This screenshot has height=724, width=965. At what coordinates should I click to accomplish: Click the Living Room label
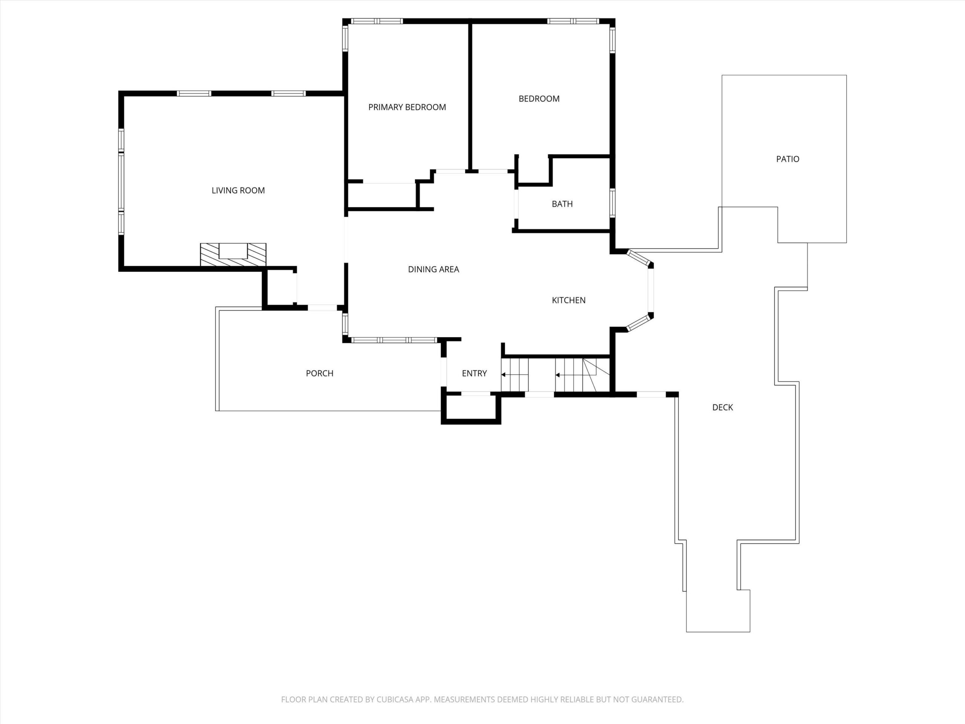click(238, 190)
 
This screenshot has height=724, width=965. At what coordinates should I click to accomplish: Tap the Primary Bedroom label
click(407, 107)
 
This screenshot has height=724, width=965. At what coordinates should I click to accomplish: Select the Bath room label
click(562, 204)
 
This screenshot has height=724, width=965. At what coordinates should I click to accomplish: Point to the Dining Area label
click(433, 269)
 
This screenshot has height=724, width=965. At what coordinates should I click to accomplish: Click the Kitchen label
click(569, 300)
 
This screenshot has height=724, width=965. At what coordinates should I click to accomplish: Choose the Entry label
click(475, 373)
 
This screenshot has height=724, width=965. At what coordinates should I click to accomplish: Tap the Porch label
click(320, 373)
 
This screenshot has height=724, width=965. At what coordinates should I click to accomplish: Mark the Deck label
click(723, 407)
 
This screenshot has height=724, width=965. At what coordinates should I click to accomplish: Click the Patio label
click(788, 159)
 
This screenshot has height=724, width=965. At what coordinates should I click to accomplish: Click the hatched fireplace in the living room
click(233, 255)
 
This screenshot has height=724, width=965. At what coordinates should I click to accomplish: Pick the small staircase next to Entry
click(515, 375)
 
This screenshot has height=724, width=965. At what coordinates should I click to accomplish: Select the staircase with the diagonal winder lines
click(582, 375)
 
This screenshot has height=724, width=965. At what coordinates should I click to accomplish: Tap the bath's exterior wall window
click(613, 203)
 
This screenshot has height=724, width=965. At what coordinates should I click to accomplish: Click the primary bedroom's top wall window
click(377, 21)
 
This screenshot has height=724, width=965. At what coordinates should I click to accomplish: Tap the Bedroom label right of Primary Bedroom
click(539, 99)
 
